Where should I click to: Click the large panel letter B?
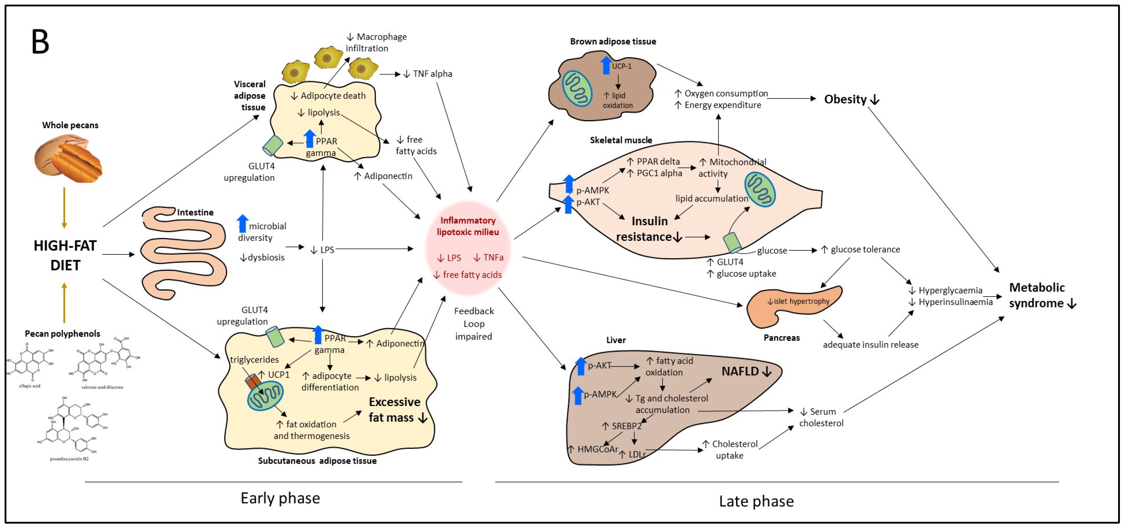[40, 42]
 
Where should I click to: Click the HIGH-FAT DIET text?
[65, 255]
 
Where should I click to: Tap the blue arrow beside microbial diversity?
[242, 223]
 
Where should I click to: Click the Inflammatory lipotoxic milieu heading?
[468, 226]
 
